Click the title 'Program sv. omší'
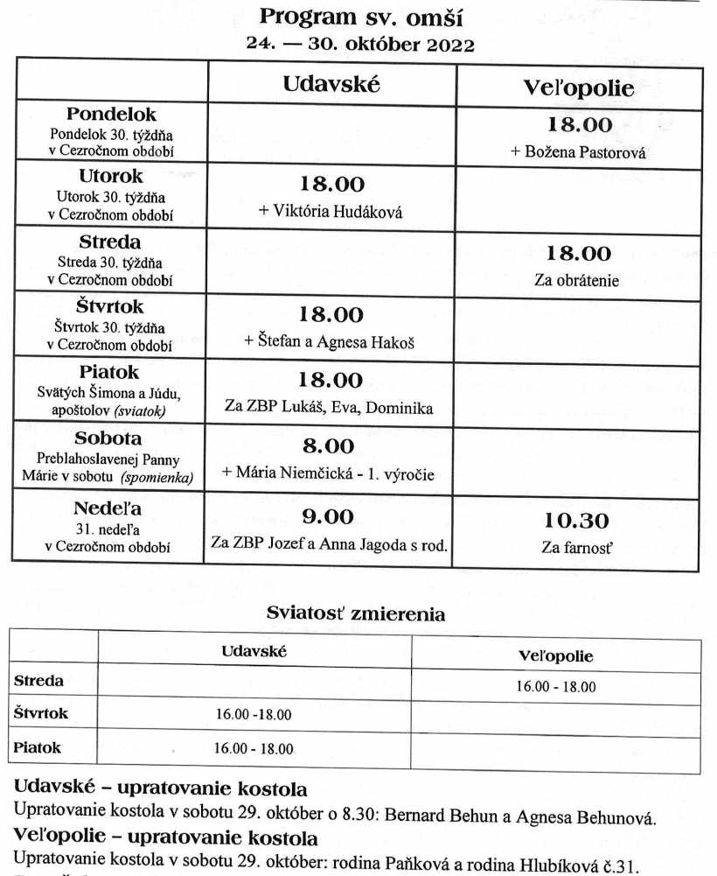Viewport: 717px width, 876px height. (x=360, y=18)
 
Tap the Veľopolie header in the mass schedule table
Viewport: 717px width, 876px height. (x=578, y=87)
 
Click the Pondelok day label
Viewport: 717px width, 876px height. (x=111, y=115)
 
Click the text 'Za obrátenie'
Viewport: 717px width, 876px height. (x=576, y=281)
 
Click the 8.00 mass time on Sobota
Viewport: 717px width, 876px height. (x=331, y=446)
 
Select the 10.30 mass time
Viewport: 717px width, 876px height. (x=576, y=521)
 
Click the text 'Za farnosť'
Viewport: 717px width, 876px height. (x=576, y=550)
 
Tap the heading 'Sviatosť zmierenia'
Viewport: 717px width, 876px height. (x=356, y=614)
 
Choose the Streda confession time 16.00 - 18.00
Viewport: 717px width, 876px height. (x=555, y=687)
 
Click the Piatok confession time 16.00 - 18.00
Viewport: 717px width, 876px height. (x=254, y=748)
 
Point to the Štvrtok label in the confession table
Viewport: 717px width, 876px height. (x=41, y=713)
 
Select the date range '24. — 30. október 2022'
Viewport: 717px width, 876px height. (x=360, y=46)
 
